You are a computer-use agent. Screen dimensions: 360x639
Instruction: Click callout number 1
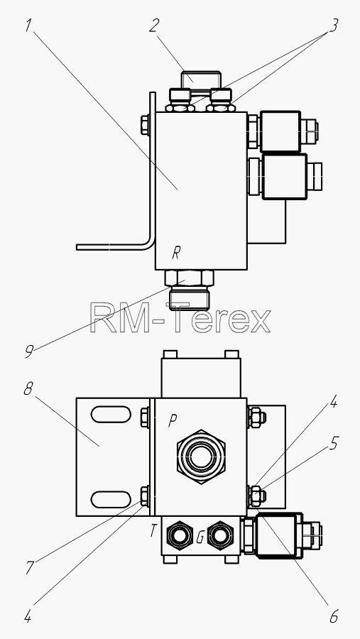[x=28, y=26]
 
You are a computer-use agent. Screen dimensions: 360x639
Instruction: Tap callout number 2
[x=153, y=26]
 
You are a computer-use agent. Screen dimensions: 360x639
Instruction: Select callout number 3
[x=333, y=26]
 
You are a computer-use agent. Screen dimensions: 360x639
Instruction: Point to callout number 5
[x=334, y=443]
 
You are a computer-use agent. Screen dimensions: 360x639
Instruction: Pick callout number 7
[x=29, y=567]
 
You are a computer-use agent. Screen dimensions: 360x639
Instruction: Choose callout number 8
[x=28, y=389]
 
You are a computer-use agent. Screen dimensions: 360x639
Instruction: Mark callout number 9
[x=28, y=351]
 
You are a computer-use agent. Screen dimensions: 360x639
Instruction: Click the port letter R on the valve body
[x=175, y=253]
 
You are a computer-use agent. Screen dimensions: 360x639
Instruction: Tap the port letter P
[x=173, y=421]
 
